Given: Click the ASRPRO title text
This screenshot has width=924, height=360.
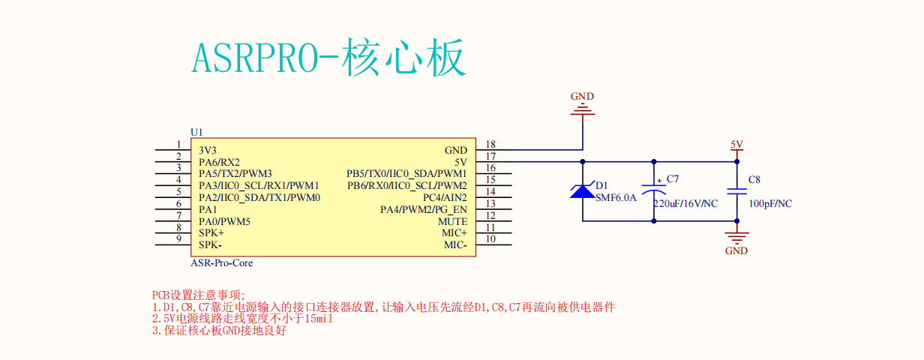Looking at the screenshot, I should [330, 58].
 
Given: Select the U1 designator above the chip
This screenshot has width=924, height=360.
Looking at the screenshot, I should [196, 132].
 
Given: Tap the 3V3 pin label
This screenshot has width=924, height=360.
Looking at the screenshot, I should [208, 150].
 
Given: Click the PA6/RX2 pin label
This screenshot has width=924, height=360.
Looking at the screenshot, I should [219, 162].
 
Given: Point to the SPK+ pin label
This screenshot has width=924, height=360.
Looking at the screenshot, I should [211, 233].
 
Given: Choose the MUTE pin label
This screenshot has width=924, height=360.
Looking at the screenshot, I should [452, 221].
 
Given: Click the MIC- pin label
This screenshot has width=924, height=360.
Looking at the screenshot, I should [455, 245].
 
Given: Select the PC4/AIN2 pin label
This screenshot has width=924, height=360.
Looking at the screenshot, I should [445, 197].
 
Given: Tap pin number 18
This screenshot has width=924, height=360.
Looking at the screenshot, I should [490, 145].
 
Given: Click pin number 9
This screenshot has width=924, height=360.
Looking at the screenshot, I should [178, 239].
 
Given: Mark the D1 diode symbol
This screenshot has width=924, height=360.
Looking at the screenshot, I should [583, 191].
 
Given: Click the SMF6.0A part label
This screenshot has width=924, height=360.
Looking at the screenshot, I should [616, 198].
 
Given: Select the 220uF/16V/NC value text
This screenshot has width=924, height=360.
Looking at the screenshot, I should [685, 204].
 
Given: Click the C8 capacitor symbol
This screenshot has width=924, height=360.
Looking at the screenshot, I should [736, 190].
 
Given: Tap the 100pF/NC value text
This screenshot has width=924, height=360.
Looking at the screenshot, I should [770, 204].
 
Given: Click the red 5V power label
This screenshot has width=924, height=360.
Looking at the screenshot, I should [736, 145].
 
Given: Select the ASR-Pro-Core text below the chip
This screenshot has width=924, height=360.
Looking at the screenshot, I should [222, 263].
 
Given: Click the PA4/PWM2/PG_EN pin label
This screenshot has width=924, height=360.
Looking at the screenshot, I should [423, 209].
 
